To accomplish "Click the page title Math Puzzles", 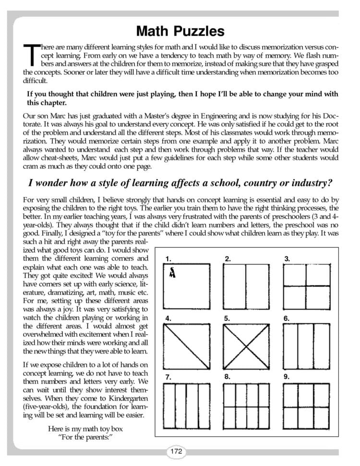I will tap(180, 32).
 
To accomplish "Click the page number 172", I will tap(176, 451).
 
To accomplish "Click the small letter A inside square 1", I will tap(172, 273).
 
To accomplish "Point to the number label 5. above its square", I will tap(227, 318).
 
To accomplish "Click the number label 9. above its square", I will tap(287, 377).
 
